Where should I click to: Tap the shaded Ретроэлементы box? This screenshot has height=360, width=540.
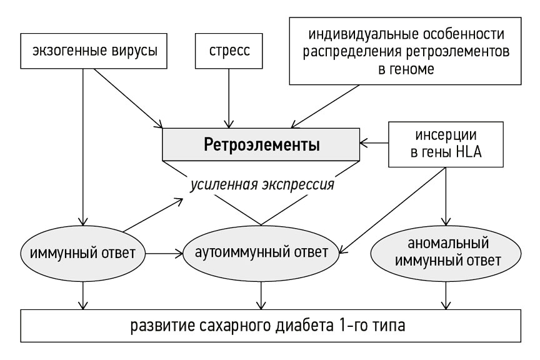[262, 145]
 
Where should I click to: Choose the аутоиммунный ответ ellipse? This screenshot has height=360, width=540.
[261, 254]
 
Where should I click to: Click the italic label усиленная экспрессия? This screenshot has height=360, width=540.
[262, 185]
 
